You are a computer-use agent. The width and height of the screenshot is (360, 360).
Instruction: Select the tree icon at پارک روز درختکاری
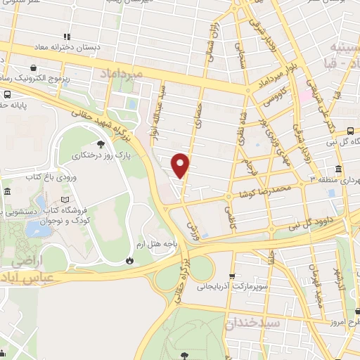click(101, 143)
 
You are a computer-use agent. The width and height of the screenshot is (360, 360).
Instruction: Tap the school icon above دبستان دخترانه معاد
click(67, 37)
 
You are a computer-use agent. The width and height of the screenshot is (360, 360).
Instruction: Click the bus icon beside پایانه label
click(6, 95)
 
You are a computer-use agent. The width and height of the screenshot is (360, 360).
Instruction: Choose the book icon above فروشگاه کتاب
click(66, 200)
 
